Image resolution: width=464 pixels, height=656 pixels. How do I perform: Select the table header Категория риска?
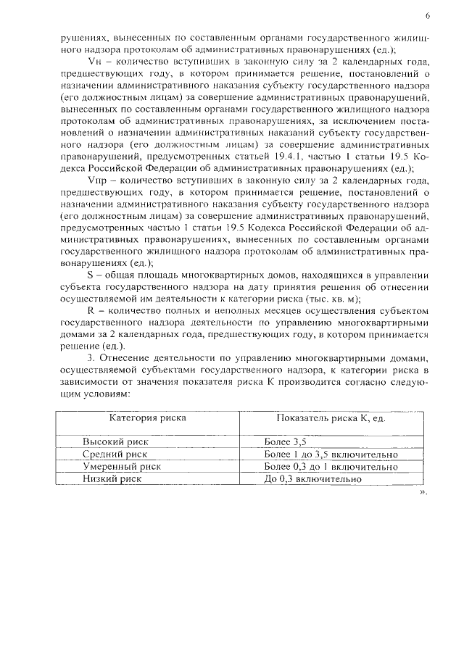[147, 418]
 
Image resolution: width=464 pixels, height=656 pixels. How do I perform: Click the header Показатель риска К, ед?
[330, 418]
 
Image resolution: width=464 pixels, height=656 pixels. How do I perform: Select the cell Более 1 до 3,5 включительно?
[331, 454]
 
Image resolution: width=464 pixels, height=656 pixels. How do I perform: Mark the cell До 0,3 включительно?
[312, 478]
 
